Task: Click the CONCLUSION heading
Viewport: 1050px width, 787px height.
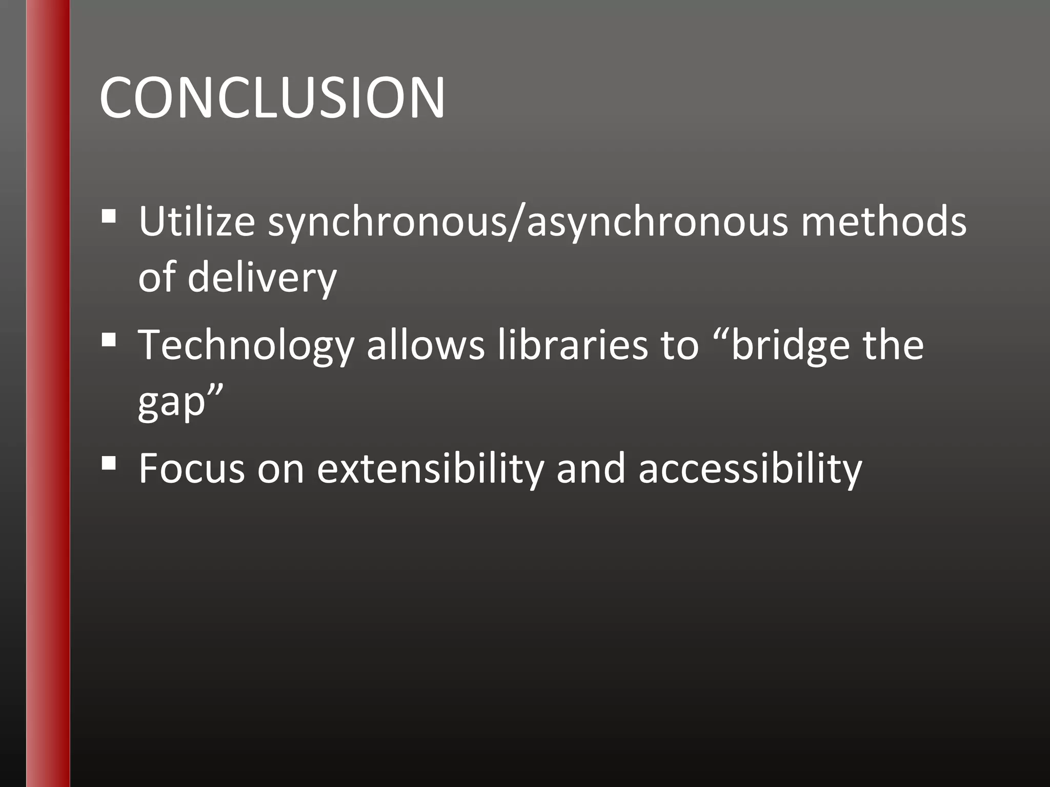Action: coord(272,98)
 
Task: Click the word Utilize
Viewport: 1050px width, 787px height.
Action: coord(197,221)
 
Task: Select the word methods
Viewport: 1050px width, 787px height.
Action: coord(883,221)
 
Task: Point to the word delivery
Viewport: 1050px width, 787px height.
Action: coord(262,278)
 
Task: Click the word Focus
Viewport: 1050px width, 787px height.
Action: coord(192,468)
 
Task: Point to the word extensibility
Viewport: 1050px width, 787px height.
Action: coord(430,468)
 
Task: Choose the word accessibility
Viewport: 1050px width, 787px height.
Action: coord(750,468)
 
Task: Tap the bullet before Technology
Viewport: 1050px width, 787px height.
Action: coord(108,339)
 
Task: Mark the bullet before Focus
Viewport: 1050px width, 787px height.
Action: coord(108,463)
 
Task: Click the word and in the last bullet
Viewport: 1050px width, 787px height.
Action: coord(591,468)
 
